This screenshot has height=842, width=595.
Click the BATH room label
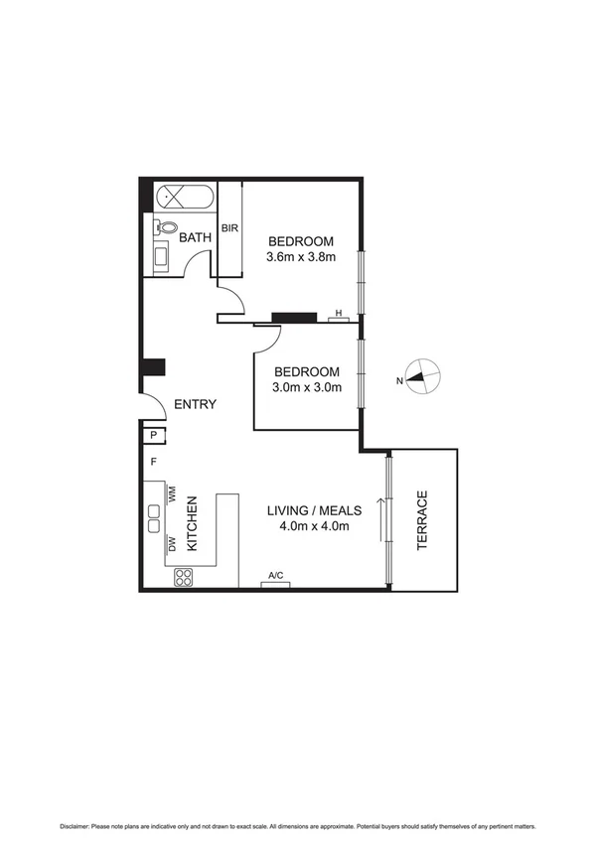pyautogui.click(x=195, y=237)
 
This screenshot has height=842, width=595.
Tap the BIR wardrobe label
pyautogui.click(x=229, y=228)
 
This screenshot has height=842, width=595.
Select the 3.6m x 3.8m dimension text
pyautogui.click(x=301, y=257)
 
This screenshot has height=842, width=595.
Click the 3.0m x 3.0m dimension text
pyautogui.click(x=307, y=388)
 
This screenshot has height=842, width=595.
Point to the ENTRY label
pyautogui.click(x=195, y=405)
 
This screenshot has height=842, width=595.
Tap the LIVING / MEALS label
pyautogui.click(x=314, y=510)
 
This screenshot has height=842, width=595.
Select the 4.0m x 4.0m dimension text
pyautogui.click(x=314, y=526)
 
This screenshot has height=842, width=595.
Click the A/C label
pyautogui.click(x=275, y=575)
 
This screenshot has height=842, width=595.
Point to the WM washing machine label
pyautogui.click(x=172, y=492)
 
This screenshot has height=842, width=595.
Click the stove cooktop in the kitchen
pyautogui.click(x=184, y=577)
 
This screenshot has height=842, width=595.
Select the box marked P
pyautogui.click(x=155, y=435)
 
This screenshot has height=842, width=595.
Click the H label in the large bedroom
pyautogui.click(x=339, y=314)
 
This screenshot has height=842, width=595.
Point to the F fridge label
pyautogui.click(x=154, y=462)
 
